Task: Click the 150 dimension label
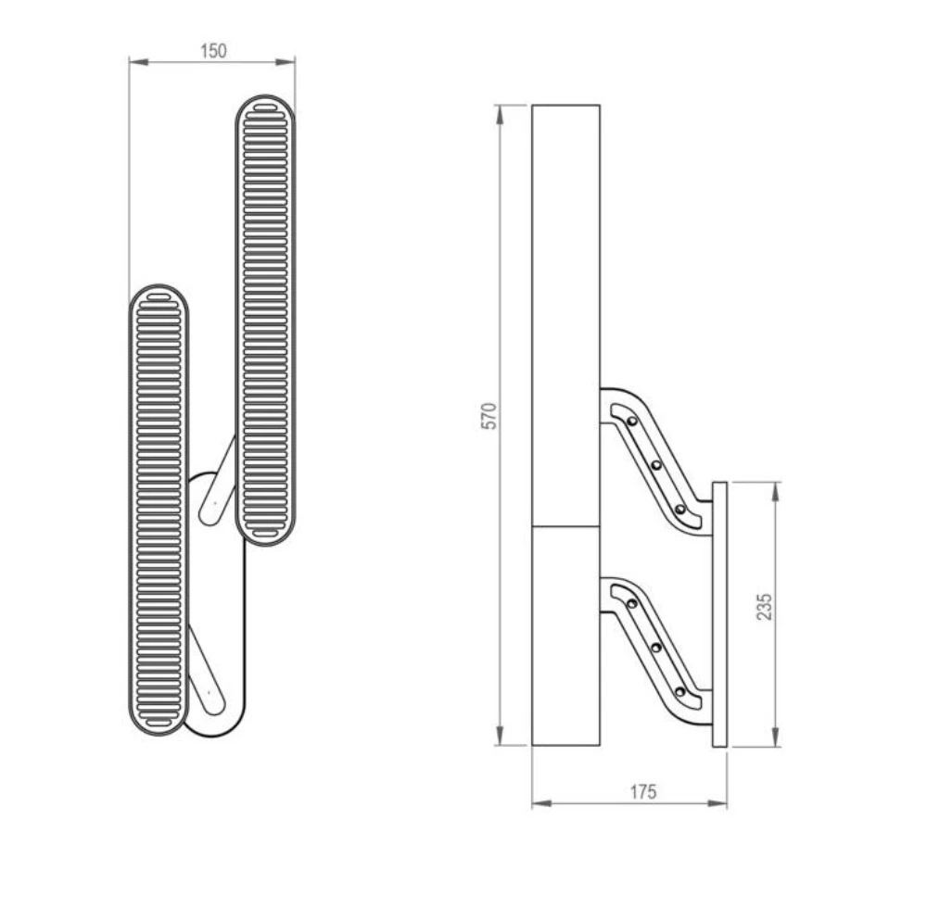point(213,51)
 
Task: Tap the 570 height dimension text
point(490,416)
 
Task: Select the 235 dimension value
point(764,607)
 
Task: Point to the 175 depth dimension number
point(642,791)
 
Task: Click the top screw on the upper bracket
point(632,422)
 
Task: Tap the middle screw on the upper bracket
point(656,465)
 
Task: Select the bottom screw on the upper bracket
point(680,510)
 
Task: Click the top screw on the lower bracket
point(632,604)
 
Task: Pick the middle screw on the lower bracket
point(656,648)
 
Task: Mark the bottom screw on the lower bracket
point(680,691)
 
